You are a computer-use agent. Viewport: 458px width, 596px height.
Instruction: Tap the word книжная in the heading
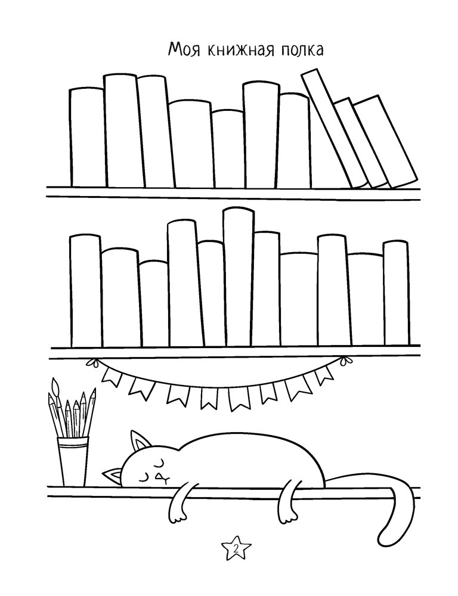pyautogui.click(x=238, y=50)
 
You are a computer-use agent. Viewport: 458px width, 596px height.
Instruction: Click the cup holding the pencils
pyautogui.click(x=73, y=461)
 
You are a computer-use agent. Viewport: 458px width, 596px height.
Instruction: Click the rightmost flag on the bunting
pyautogui.click(x=323, y=375)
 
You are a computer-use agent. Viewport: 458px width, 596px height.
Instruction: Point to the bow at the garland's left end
pyautogui.click(x=91, y=362)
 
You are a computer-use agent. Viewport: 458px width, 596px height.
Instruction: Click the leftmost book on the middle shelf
pyautogui.click(x=86, y=291)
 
